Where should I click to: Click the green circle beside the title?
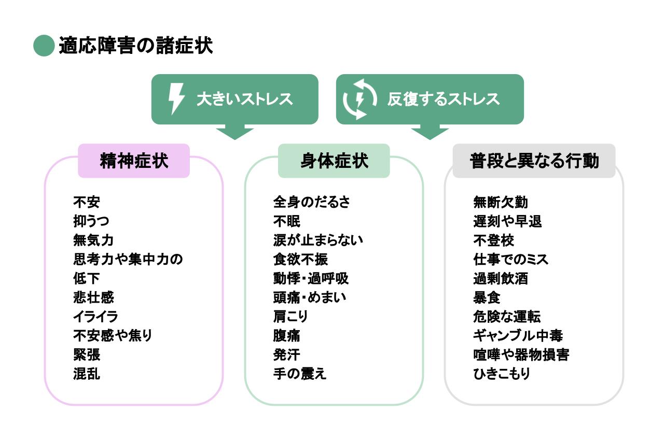coord(44,46)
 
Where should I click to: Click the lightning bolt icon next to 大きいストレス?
coord(176,99)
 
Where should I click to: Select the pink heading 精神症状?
coord(134,161)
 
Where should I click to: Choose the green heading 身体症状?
coord(334,161)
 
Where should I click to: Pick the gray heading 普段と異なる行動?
coord(534,161)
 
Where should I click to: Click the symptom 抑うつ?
coord(91,221)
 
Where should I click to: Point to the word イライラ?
coord(96,317)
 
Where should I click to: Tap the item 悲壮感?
coord(93,297)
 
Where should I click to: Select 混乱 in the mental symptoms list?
coord(87,374)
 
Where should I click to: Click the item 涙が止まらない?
coord(318,240)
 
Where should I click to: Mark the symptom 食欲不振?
coord(300,259)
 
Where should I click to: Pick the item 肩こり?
coord(290,317)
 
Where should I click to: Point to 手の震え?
coord(300,374)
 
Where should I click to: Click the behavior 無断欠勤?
coord(501,202)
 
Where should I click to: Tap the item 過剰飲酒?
coord(501,278)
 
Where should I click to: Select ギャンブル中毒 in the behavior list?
coord(518,336)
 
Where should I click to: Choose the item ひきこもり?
coord(502,374)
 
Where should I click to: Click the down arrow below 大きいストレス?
coord(234,132)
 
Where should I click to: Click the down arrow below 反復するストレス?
coord(430,132)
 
